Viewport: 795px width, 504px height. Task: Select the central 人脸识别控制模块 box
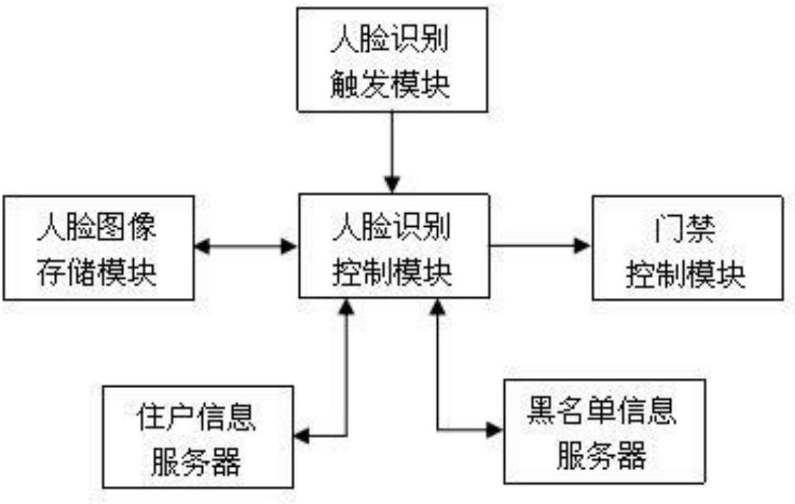(392, 246)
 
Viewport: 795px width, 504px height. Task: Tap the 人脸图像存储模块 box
(97, 248)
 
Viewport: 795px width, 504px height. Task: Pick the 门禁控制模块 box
(687, 248)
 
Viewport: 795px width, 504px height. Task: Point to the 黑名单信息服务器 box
(605, 431)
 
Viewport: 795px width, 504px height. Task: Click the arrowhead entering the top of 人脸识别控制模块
(392, 185)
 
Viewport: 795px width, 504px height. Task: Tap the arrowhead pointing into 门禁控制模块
(583, 245)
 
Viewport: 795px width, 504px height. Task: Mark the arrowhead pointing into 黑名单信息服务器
(494, 430)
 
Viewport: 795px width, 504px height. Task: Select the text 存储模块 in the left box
(97, 273)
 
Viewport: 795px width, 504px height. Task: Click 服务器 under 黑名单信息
(601, 456)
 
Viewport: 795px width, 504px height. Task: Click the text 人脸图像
(97, 228)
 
